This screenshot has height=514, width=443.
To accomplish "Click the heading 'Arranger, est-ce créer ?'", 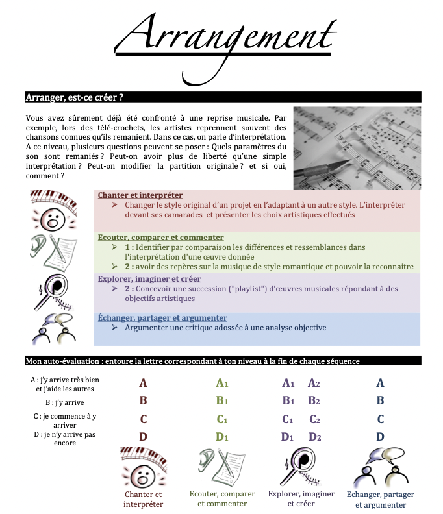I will coord(75,97).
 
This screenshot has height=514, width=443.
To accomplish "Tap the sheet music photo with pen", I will coord(357,147).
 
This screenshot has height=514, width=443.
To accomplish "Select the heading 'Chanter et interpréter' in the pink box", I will coord(140,195).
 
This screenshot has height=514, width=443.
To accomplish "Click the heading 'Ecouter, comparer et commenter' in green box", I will coord(160,238).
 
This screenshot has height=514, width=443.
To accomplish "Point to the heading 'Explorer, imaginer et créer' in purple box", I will coord(149,279).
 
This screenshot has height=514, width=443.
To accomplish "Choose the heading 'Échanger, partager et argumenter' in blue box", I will coord(162,318).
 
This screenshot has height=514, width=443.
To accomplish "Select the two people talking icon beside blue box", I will coord(55,328).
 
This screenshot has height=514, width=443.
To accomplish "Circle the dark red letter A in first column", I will coord(144,384).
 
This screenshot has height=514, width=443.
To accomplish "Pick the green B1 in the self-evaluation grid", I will coord(222,401).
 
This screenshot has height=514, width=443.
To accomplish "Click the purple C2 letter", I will coord(314,419).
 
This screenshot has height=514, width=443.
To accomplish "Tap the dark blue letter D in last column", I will coord(381,437).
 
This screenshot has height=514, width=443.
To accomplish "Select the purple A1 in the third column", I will coord(288,384).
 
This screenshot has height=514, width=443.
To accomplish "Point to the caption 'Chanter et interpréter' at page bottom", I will coord(143,499).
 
